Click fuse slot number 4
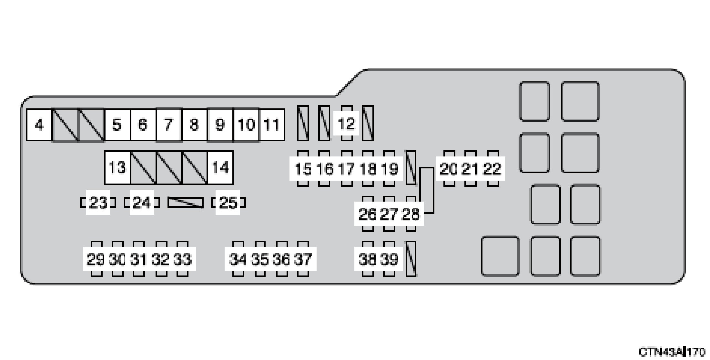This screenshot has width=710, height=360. [39, 125]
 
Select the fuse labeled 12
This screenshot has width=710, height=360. [346, 124]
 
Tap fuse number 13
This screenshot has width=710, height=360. [117, 167]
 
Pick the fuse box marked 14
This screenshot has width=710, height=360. [220, 167]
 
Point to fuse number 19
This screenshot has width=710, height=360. [390, 169]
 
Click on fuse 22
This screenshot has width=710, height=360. [492, 169]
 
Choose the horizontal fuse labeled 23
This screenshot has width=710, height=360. [98, 203]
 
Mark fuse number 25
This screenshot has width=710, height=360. [228, 203]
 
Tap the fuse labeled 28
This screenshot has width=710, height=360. [411, 214]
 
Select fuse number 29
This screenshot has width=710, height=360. [96, 259]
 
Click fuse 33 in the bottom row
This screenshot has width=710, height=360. [182, 259]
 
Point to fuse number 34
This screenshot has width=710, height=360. [238, 259]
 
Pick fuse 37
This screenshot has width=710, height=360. [303, 259]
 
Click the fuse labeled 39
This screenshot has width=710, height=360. [389, 259]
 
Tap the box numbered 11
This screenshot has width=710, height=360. [272, 125]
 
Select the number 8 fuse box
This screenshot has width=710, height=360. [194, 125]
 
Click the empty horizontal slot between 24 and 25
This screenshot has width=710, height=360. [186, 203]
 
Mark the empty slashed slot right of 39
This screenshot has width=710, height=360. [411, 259]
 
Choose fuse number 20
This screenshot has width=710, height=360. [449, 169]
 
